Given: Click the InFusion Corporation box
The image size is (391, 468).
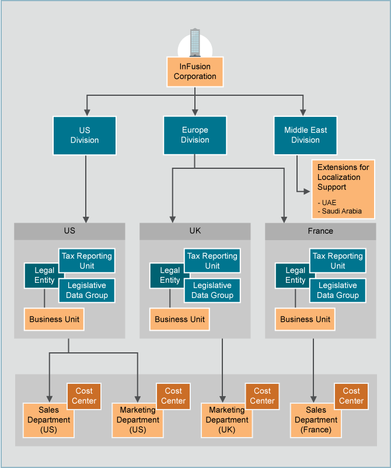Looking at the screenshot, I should (x=195, y=72).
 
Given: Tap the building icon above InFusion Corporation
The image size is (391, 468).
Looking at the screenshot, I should (x=195, y=43).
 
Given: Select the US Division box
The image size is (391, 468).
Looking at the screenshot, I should (x=85, y=135).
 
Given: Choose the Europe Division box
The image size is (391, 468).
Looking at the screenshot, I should (x=195, y=135).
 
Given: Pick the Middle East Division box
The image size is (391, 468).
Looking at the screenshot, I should (x=305, y=135).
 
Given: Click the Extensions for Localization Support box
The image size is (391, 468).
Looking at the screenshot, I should (x=343, y=189).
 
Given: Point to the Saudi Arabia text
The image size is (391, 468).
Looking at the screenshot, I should (x=340, y=211).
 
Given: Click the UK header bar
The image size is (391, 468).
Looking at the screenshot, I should (x=195, y=231).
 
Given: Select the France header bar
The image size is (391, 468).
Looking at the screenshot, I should (x=320, y=231).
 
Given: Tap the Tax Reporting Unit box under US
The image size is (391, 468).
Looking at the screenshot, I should (x=87, y=261).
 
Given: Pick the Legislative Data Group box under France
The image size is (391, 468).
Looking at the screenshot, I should (x=338, y=290).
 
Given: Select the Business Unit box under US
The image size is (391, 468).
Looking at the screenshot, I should (x=54, y=320).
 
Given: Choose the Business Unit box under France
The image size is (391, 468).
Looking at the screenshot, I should (x=305, y=320).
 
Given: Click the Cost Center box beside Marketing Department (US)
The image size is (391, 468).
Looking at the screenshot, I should (x=173, y=396).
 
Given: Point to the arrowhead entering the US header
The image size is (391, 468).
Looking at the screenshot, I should (x=86, y=219).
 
